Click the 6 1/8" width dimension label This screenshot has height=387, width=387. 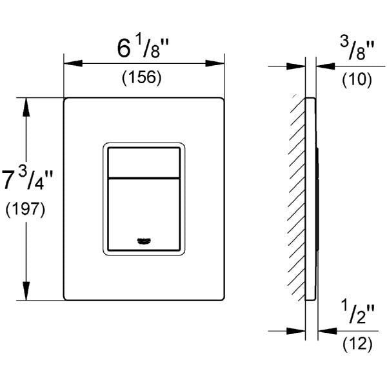(143, 48)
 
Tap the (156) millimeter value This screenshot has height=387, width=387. (142, 77)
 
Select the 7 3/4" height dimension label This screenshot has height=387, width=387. (27, 179)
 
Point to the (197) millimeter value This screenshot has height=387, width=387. (25, 210)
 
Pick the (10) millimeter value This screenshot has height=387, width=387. (357, 80)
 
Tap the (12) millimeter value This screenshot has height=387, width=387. (357, 344)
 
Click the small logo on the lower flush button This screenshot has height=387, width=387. (144, 241)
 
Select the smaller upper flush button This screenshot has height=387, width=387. (144, 163)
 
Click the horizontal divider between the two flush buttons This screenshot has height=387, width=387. (144, 178)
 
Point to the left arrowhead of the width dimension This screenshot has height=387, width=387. (73, 63)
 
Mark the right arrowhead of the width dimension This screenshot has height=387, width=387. (215, 63)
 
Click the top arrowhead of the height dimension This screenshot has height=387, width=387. (26, 107)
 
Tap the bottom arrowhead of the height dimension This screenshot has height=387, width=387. (26, 291)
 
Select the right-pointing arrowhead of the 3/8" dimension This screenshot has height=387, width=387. (296, 66)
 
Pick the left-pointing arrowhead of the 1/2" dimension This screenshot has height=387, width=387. (327, 331)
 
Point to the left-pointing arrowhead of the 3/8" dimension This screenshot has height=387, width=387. (326, 66)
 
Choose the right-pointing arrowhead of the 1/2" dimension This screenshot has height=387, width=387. (296, 331)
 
